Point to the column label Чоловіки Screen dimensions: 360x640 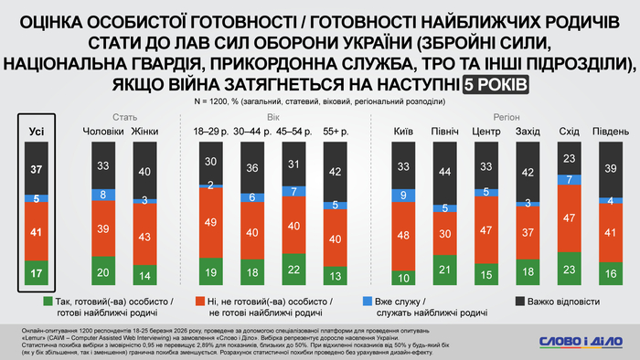tap(103, 133)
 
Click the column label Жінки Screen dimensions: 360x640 tap(145, 133)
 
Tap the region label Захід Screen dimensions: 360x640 tap(528, 133)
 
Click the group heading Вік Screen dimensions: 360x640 tap(273, 118)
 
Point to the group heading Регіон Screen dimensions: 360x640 tap(485, 118)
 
